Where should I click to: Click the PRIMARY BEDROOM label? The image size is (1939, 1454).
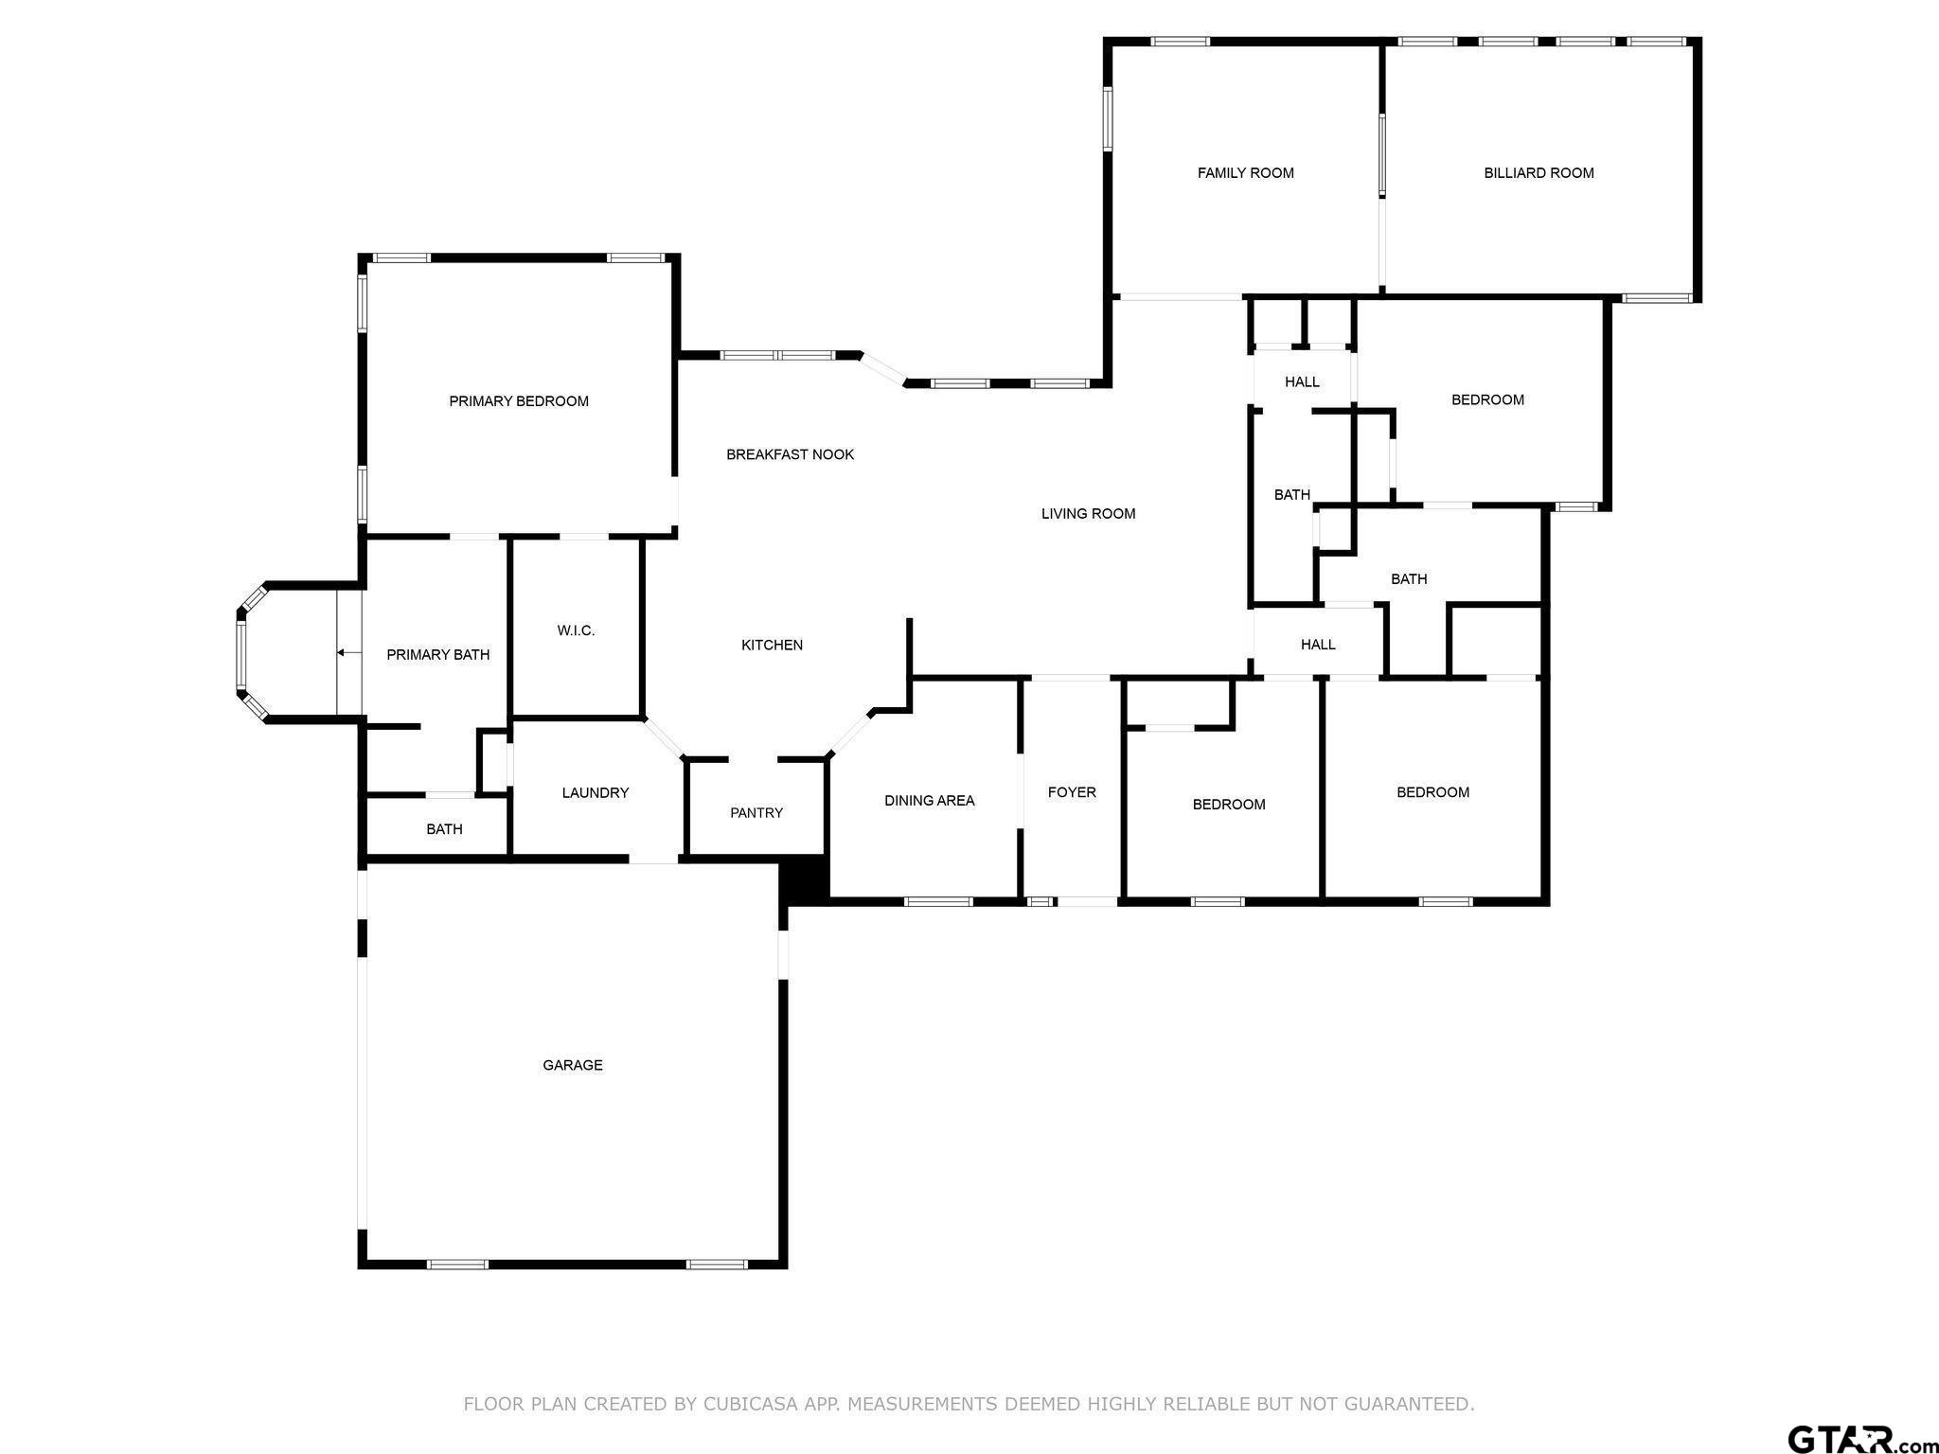tap(518, 401)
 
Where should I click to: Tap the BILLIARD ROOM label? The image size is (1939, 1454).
tap(1539, 173)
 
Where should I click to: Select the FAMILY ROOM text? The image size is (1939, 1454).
tap(1245, 173)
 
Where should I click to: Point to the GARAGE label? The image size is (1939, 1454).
tap(572, 1065)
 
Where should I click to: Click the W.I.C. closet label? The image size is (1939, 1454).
tap(576, 630)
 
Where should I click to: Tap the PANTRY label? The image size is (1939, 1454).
tap(756, 812)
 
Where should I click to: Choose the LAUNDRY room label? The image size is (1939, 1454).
tap(595, 792)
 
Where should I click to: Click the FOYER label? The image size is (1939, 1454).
tap(1071, 792)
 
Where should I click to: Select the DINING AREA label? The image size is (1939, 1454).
tap(929, 801)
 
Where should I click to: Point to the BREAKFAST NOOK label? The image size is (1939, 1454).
tap(790, 454)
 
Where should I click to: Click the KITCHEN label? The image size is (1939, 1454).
tap(772, 645)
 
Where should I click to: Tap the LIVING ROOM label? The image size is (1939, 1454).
tap(1088, 514)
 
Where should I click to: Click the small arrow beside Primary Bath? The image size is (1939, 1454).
tap(347, 652)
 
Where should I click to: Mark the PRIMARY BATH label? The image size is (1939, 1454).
tap(437, 654)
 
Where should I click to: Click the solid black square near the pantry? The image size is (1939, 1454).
tap(804, 878)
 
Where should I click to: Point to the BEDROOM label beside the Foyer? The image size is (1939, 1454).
tap(1228, 805)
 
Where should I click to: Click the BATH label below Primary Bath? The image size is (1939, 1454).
tap(443, 829)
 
